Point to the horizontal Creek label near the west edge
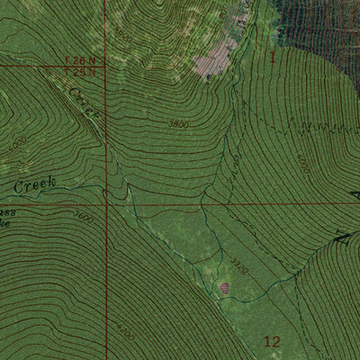point(34,184)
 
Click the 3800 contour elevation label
point(179,124)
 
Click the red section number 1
point(273,57)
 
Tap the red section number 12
point(274,340)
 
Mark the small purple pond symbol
point(224,288)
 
